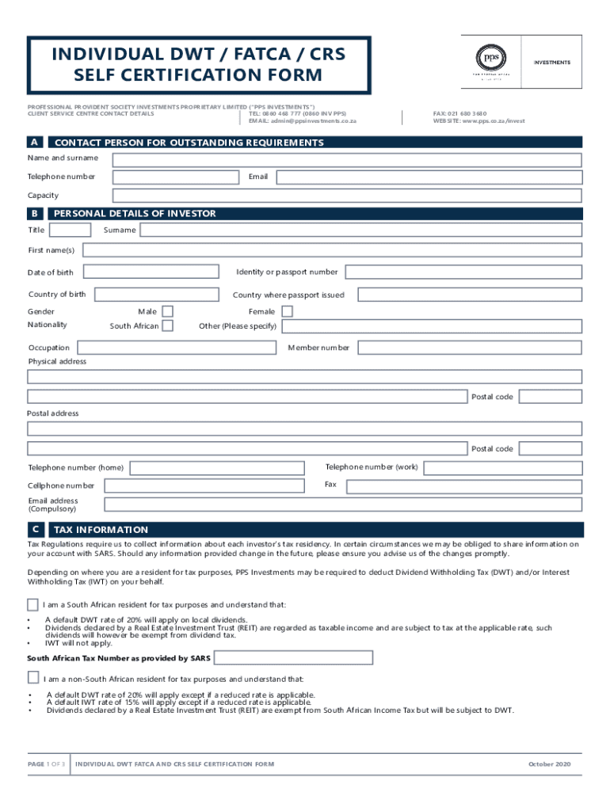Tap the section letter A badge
[35, 143]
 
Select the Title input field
[70, 230]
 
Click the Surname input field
[360, 230]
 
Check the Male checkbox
[167, 311]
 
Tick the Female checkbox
[287, 311]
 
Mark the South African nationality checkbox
[167, 326]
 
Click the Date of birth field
[150, 272]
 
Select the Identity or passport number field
[463, 272]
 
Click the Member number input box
[469, 347]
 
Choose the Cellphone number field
[204, 485]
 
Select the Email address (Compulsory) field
[343, 504]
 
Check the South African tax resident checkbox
[32, 604]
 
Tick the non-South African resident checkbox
[32, 677]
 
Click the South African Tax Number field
[293, 657]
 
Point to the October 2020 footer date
[549, 764]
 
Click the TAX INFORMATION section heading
[101, 530]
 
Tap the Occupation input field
[176, 347]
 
